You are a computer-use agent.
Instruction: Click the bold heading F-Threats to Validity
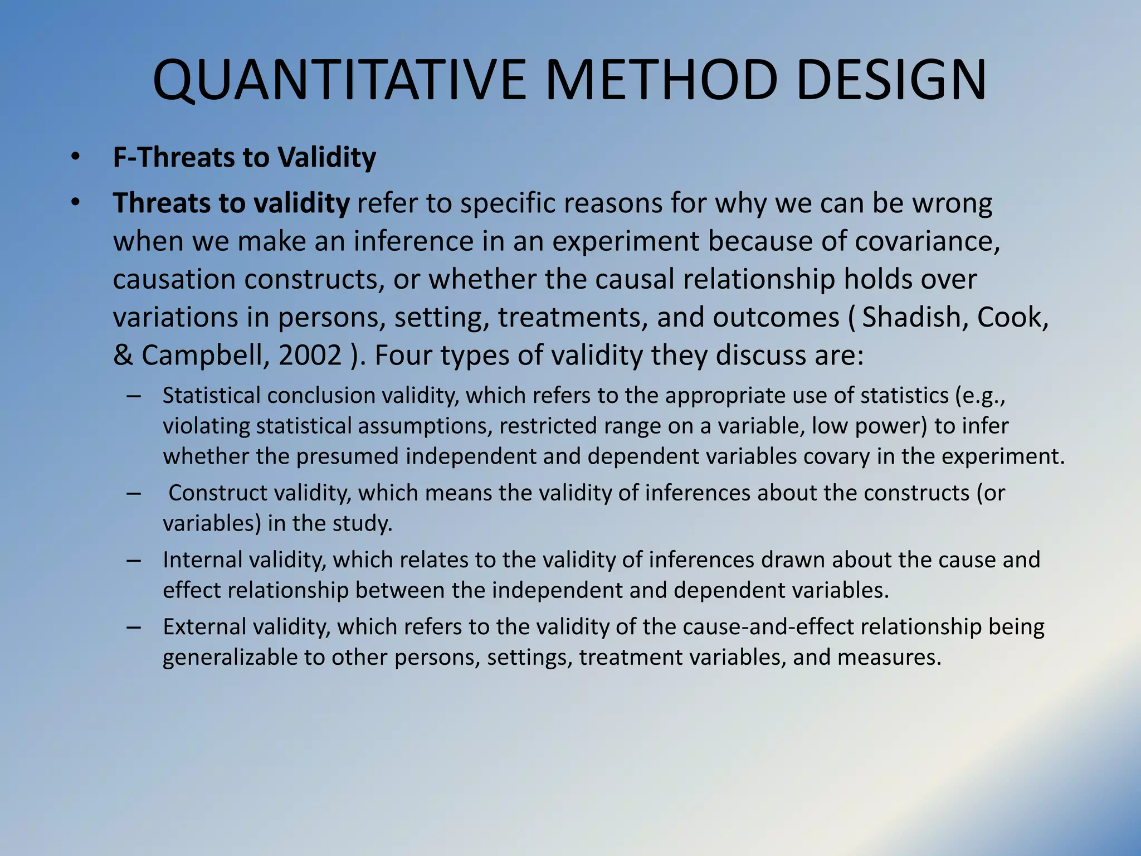point(244,157)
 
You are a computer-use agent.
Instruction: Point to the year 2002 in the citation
point(310,355)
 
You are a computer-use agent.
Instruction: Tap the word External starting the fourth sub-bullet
point(204,627)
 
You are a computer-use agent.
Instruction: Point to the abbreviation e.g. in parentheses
point(986,396)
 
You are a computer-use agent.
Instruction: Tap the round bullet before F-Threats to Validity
point(76,158)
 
